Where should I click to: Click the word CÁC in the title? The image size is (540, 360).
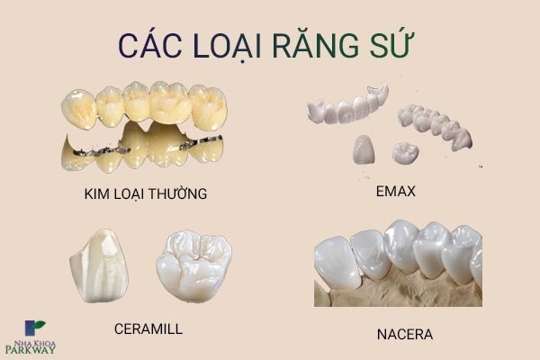(150, 46)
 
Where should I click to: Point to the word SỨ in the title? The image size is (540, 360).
(391, 45)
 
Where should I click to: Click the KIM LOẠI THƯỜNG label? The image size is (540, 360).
(145, 193)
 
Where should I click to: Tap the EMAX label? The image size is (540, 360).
(396, 191)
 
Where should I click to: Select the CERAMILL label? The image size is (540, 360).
(148, 329)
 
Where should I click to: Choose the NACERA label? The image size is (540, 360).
(405, 335)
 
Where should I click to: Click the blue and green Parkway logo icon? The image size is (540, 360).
(34, 328)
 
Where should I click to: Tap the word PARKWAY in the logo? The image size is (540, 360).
(31, 350)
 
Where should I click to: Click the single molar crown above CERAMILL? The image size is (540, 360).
(193, 265)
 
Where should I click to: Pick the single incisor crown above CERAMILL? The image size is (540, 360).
(99, 265)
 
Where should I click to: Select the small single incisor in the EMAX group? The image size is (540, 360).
(364, 149)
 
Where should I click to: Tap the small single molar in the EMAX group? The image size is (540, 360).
(405, 153)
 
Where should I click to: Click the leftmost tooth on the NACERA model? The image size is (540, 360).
(337, 263)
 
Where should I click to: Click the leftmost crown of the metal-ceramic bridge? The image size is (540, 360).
(79, 109)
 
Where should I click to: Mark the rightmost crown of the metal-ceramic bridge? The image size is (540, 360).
(208, 107)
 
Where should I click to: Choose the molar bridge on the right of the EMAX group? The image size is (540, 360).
(435, 126)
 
